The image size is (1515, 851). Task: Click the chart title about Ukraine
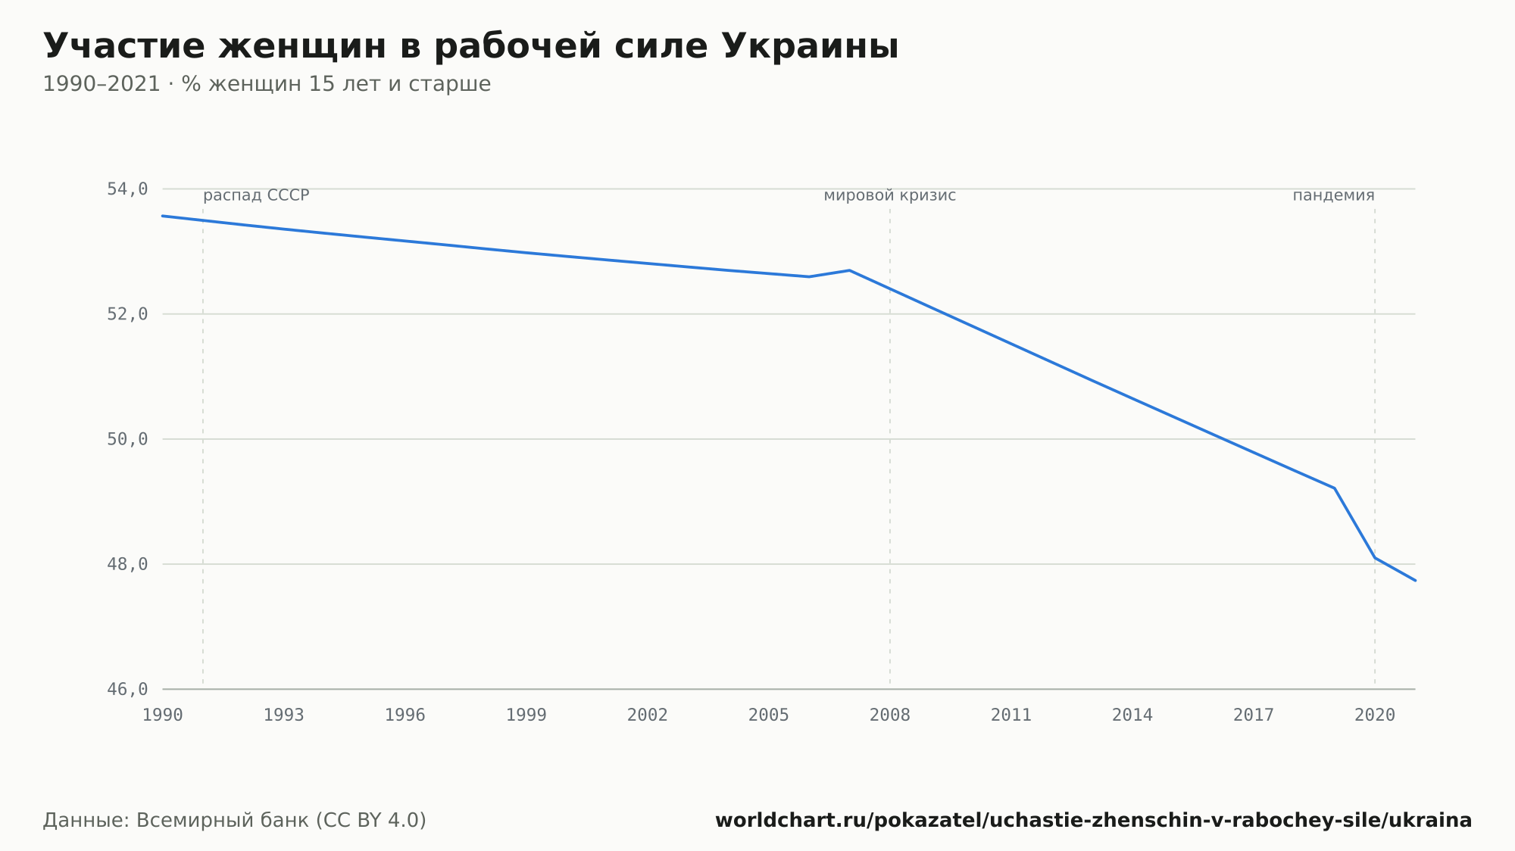pyautogui.click(x=470, y=47)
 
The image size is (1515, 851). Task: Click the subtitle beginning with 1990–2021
pyautogui.click(x=267, y=84)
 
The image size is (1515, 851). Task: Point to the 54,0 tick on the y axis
pyautogui.click(x=127, y=189)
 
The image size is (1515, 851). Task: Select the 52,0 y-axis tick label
pyautogui.click(x=127, y=314)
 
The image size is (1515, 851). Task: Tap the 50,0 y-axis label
pyautogui.click(x=127, y=439)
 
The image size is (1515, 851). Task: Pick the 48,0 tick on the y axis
pyautogui.click(x=127, y=564)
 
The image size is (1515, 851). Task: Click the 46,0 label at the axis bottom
pyautogui.click(x=127, y=690)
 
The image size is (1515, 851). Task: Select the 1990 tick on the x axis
pyautogui.click(x=163, y=715)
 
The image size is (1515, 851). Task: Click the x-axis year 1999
pyautogui.click(x=526, y=715)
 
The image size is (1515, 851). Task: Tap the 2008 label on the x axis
pyautogui.click(x=890, y=715)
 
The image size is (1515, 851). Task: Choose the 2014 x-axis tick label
pyautogui.click(x=1132, y=715)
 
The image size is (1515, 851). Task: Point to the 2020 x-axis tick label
pyautogui.click(x=1375, y=715)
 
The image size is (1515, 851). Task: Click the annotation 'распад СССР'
pyautogui.click(x=256, y=196)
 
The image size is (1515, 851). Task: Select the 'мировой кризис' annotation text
pyautogui.click(x=890, y=196)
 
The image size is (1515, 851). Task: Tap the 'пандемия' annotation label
pyautogui.click(x=1333, y=196)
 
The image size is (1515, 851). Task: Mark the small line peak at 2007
pyautogui.click(x=850, y=270)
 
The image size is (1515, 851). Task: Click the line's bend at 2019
pyautogui.click(x=1334, y=488)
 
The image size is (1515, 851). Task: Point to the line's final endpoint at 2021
pyautogui.click(x=1415, y=581)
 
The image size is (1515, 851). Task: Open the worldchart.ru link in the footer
pyautogui.click(x=1093, y=821)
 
